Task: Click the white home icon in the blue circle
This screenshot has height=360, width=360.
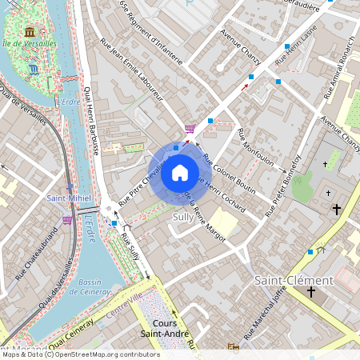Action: click(180, 172)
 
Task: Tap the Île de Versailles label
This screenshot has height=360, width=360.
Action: click(28, 43)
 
